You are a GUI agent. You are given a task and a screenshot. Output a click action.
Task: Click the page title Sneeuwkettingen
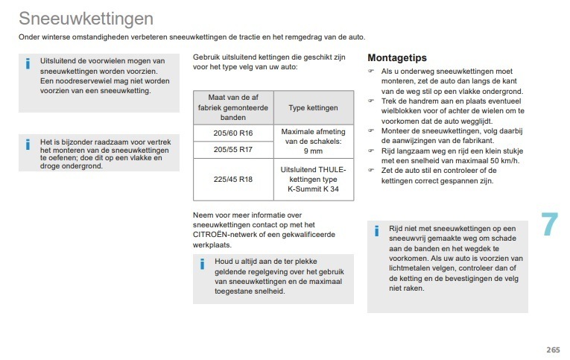86,18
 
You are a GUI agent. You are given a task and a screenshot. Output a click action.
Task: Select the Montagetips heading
397,57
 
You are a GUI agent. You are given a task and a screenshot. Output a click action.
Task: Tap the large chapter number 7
549,224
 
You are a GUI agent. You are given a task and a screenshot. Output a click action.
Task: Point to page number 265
552,350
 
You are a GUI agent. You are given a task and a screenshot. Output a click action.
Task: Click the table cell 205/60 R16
233,133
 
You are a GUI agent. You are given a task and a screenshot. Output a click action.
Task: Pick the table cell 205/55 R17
233,149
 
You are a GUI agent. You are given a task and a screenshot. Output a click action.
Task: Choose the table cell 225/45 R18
233,179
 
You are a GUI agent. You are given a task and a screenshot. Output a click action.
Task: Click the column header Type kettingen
313,108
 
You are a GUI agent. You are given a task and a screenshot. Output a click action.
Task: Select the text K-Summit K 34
314,189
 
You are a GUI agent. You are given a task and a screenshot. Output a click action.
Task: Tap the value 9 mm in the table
314,151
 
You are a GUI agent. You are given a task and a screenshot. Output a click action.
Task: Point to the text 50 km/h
500,160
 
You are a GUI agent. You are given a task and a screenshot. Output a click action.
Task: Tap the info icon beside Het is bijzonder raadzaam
28,143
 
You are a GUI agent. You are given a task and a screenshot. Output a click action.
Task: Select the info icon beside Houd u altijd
201,264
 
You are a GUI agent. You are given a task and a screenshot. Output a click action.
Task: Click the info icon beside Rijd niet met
376,230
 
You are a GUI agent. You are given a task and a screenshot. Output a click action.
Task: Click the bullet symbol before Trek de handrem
370,101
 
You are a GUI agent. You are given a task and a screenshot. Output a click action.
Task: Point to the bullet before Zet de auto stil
370,171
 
